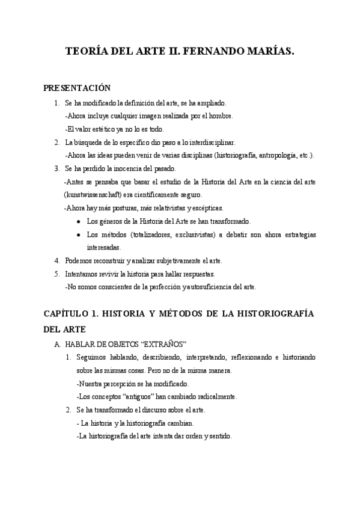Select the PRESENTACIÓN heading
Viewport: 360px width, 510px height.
coord(77,88)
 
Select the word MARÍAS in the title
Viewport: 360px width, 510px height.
coord(270,52)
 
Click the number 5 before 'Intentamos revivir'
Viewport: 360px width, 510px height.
coord(56,274)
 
